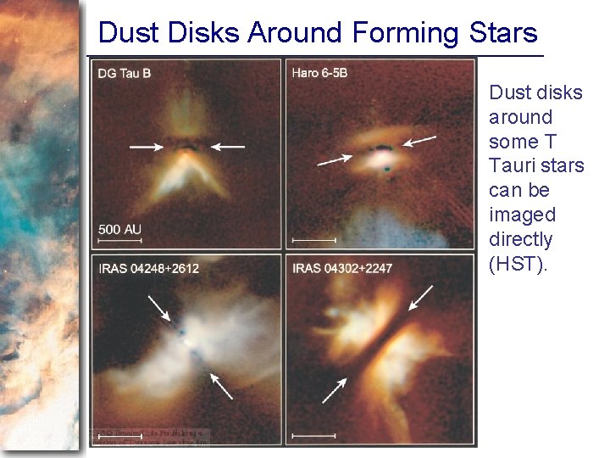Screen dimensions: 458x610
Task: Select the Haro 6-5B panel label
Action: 319,74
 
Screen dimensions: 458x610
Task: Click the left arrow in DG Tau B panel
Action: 147,147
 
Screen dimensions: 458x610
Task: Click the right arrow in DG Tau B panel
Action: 227,147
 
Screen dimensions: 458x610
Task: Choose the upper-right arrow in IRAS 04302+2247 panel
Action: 420,298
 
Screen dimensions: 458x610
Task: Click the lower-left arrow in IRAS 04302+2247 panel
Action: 335,390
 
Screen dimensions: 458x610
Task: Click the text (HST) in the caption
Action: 518,264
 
